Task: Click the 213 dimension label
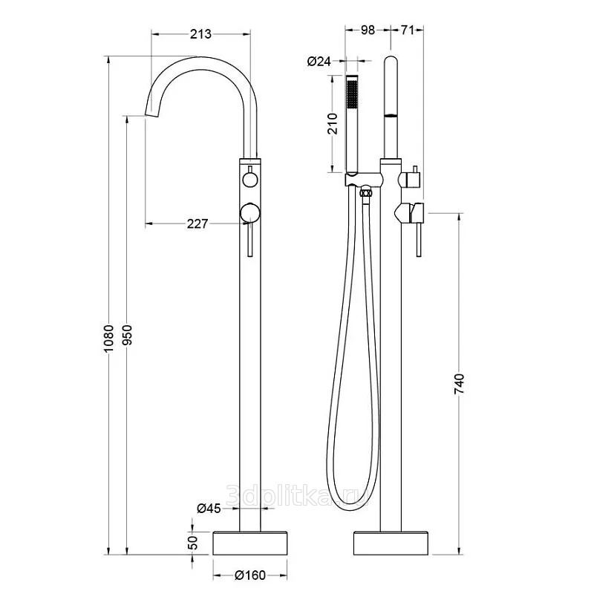[x=200, y=34]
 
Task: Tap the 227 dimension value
[x=198, y=224]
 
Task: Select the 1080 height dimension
[x=108, y=339]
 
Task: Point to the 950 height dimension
[x=127, y=335]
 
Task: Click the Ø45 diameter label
[x=209, y=508]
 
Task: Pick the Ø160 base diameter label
[x=250, y=575]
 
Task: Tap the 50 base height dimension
[x=193, y=543]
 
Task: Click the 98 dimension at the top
[x=368, y=30]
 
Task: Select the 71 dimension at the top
[x=407, y=30]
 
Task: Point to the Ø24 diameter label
[x=319, y=61]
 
